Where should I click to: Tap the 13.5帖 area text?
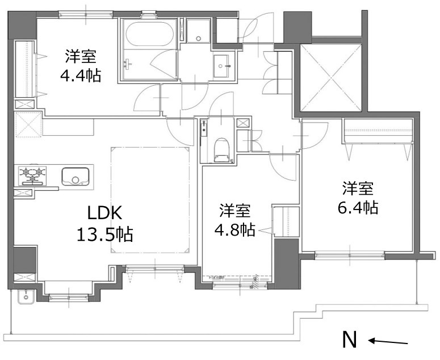pos(105,233)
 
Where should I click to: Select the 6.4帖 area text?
pos(358,208)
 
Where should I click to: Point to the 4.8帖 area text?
pos(234,229)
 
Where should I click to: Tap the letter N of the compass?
pos(350,340)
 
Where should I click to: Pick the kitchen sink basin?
pos(74,176)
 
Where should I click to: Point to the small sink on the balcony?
pos(26,297)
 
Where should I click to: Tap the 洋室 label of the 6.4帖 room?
pos(358,188)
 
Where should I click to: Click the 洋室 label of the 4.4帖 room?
pos(80,56)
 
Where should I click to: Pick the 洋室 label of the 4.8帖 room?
pos(234,211)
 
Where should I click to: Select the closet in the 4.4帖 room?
pos(24,69)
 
